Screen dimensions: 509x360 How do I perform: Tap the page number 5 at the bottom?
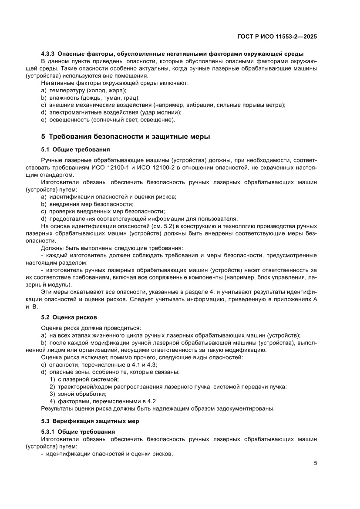point(315,463)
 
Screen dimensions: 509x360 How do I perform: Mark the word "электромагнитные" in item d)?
point(72,112)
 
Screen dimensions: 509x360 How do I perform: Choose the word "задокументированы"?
point(247,408)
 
